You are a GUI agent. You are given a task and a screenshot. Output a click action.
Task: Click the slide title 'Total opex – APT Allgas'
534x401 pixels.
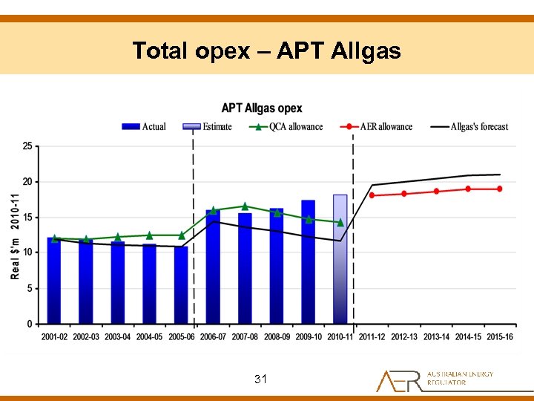click(266, 50)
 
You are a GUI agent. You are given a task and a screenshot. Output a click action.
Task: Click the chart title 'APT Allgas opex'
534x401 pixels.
click(262, 108)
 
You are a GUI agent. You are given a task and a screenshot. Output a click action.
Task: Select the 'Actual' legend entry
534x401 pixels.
click(144, 127)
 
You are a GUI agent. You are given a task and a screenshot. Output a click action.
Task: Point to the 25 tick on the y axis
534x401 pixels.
click(27, 146)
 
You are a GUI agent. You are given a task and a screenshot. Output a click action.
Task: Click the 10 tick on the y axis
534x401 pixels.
click(27, 252)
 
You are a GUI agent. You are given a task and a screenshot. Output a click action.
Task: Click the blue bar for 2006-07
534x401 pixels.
click(213, 267)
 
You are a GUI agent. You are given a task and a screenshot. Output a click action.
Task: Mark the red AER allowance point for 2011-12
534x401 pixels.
click(372, 195)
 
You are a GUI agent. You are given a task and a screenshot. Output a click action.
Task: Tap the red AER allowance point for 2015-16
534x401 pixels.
click(500, 189)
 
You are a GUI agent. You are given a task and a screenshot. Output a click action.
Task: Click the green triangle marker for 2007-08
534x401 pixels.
click(245, 206)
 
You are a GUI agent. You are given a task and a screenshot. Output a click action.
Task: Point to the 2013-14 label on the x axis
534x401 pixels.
click(436, 337)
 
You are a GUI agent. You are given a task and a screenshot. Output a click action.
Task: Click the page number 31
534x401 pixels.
click(260, 379)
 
